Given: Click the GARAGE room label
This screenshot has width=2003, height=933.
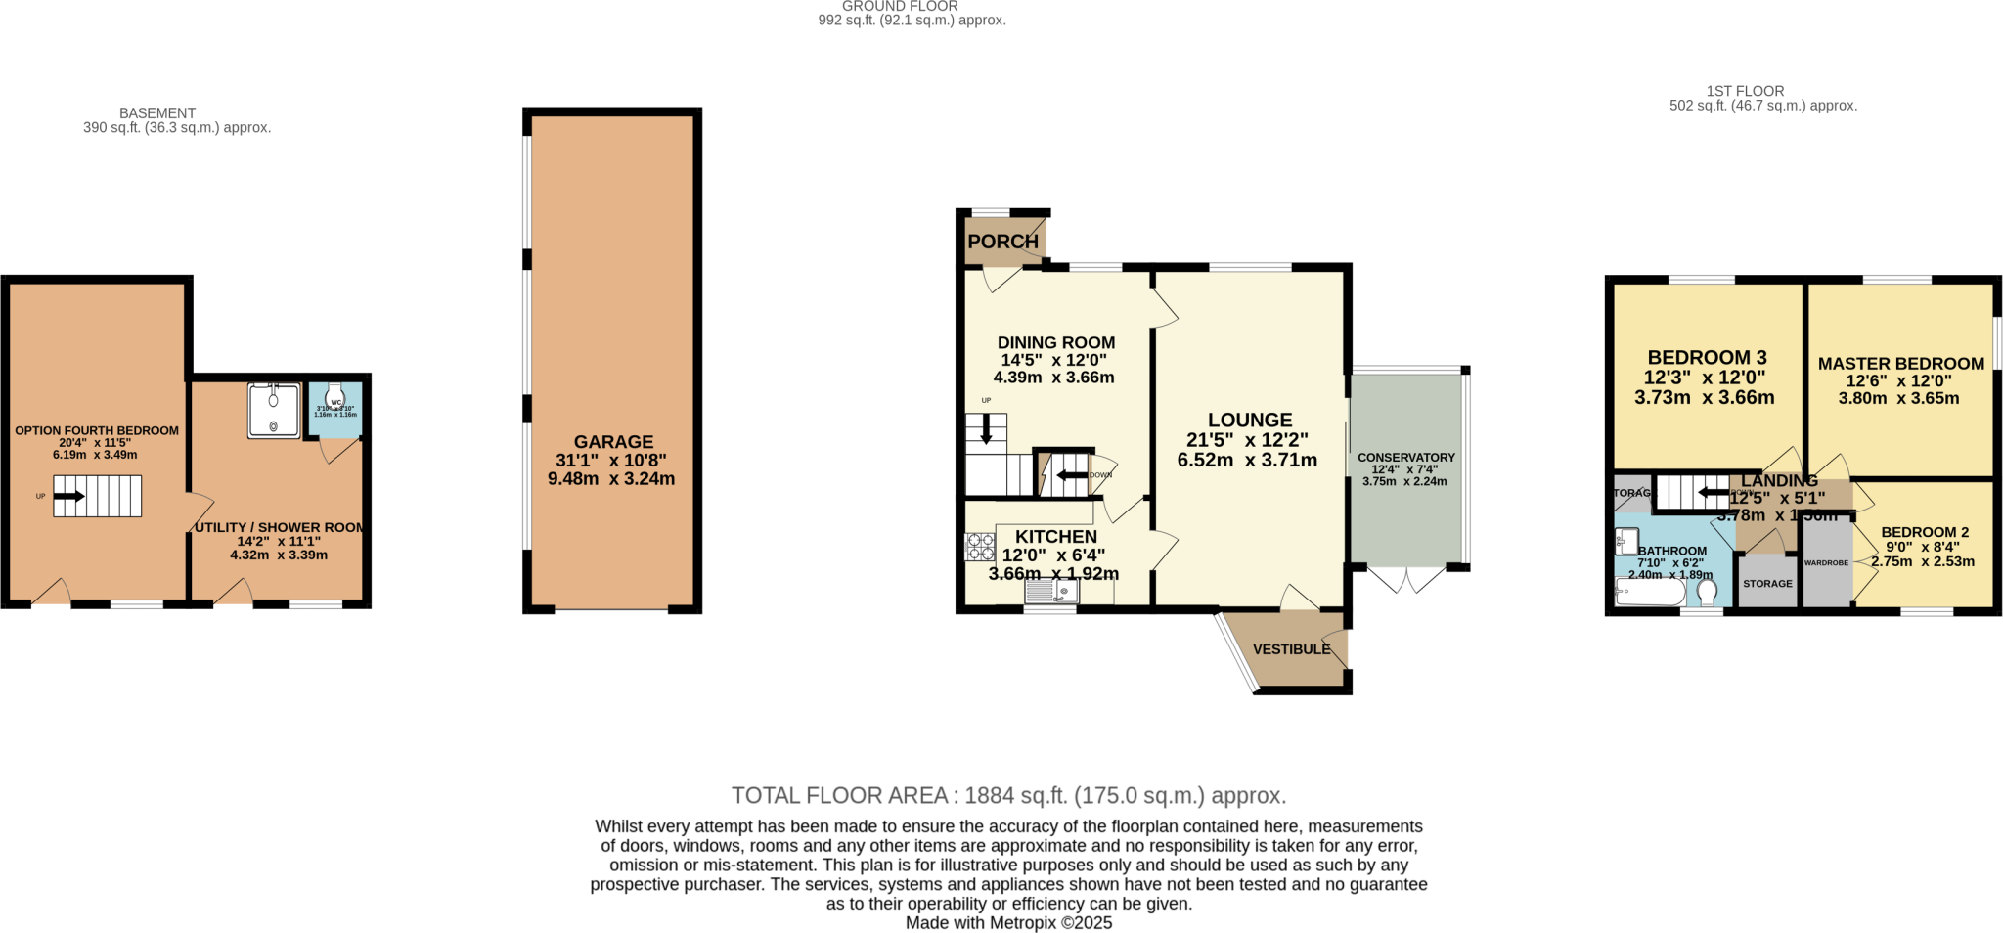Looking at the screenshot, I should [613, 442].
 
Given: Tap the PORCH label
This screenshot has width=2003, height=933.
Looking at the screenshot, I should [1002, 242].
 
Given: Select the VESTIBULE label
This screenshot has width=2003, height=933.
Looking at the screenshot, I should [1291, 649].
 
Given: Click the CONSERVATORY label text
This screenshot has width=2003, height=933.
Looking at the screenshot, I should [1405, 458].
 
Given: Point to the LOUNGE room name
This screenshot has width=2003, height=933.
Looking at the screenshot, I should [1249, 420].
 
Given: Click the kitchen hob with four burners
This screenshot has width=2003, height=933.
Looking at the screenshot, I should [980, 547].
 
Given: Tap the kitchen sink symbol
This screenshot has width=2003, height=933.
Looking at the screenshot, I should [1051, 592].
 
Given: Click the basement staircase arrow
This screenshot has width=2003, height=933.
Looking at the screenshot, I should [69, 497].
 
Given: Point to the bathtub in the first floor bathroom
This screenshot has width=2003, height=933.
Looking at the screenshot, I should [1650, 593].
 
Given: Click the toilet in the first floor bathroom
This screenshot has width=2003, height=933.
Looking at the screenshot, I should [1708, 593].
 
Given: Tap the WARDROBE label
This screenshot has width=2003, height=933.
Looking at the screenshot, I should [1826, 563].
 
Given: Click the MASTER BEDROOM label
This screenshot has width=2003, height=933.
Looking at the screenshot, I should [1900, 364].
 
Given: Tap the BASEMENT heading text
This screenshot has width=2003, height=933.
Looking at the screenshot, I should [157, 113].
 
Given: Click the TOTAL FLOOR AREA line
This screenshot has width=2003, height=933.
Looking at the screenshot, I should [1008, 795].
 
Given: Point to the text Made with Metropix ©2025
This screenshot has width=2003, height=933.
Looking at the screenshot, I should [1008, 922].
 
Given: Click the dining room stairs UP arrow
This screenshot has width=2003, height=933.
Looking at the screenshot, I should [986, 429].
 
